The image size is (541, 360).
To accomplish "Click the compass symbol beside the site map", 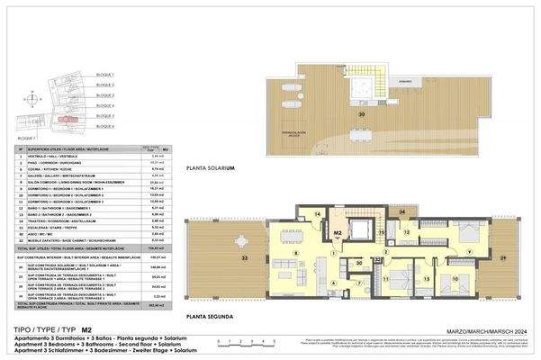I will pos(32,99).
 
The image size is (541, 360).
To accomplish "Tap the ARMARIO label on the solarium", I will pos(406,82).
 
